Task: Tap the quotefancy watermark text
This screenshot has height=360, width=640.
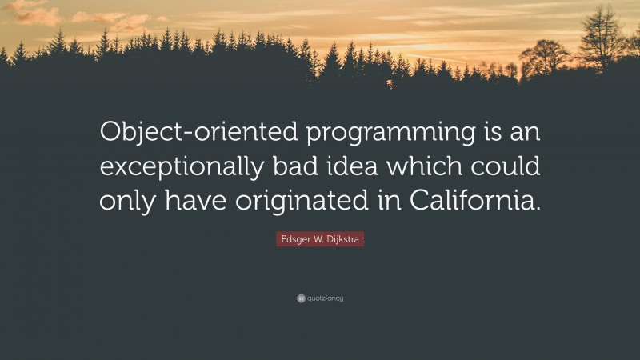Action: click(325, 298)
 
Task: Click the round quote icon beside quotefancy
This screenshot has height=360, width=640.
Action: click(301, 298)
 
